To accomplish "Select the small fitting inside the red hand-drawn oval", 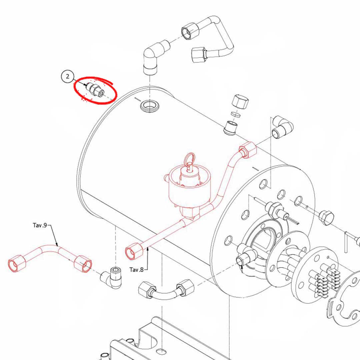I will (95, 90).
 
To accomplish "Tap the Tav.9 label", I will (40, 225).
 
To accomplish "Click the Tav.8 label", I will (137, 269).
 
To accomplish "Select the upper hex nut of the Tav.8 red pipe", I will (248, 150).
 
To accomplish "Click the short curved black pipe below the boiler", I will (165, 290).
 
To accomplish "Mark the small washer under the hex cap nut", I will (236, 114).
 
